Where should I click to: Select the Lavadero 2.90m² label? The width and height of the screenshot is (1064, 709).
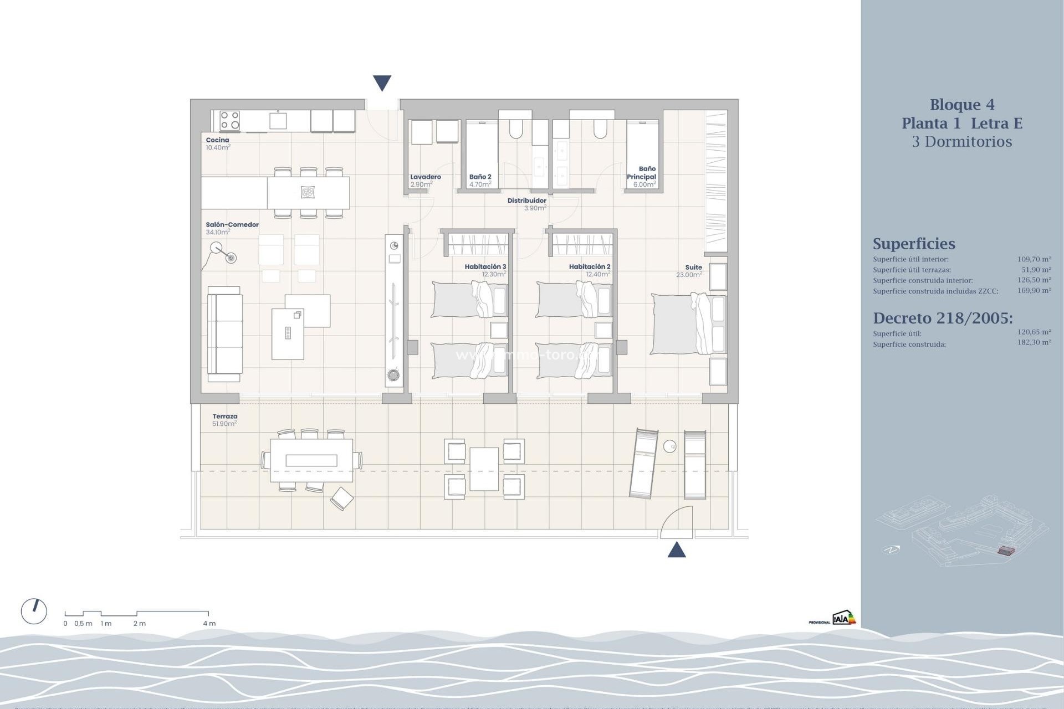(425, 181)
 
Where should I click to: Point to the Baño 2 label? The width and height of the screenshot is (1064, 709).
(480, 177)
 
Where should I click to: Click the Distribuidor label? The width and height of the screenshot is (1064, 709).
(526, 201)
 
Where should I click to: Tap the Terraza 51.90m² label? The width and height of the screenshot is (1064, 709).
(224, 420)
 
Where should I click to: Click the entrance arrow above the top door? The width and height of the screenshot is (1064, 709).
(382, 83)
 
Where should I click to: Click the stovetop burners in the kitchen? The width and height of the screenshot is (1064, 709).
(229, 120)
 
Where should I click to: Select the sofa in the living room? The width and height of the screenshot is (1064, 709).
(225, 335)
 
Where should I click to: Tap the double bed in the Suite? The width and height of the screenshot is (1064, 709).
(687, 324)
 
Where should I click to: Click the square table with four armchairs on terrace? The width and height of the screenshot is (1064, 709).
(484, 469)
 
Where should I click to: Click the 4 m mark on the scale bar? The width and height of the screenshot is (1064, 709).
(209, 623)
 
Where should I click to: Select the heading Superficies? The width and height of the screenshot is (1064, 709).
(914, 244)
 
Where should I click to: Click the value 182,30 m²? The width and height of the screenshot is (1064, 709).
(1034, 343)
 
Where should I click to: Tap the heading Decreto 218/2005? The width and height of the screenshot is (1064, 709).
(943, 318)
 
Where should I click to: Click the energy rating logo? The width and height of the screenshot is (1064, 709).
(843, 618)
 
